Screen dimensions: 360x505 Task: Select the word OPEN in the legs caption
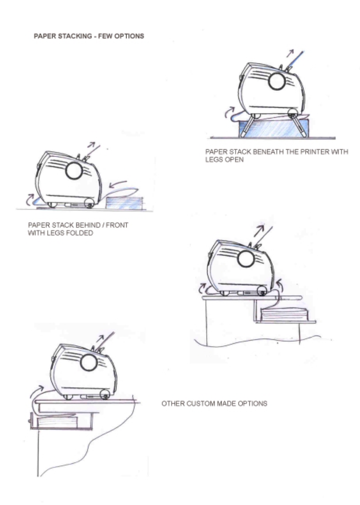pos(234,158)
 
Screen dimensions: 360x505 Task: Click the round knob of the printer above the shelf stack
pos(245,259)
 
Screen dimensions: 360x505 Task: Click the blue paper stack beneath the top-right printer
pos(273,128)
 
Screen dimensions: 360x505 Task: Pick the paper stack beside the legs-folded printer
pos(124,203)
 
